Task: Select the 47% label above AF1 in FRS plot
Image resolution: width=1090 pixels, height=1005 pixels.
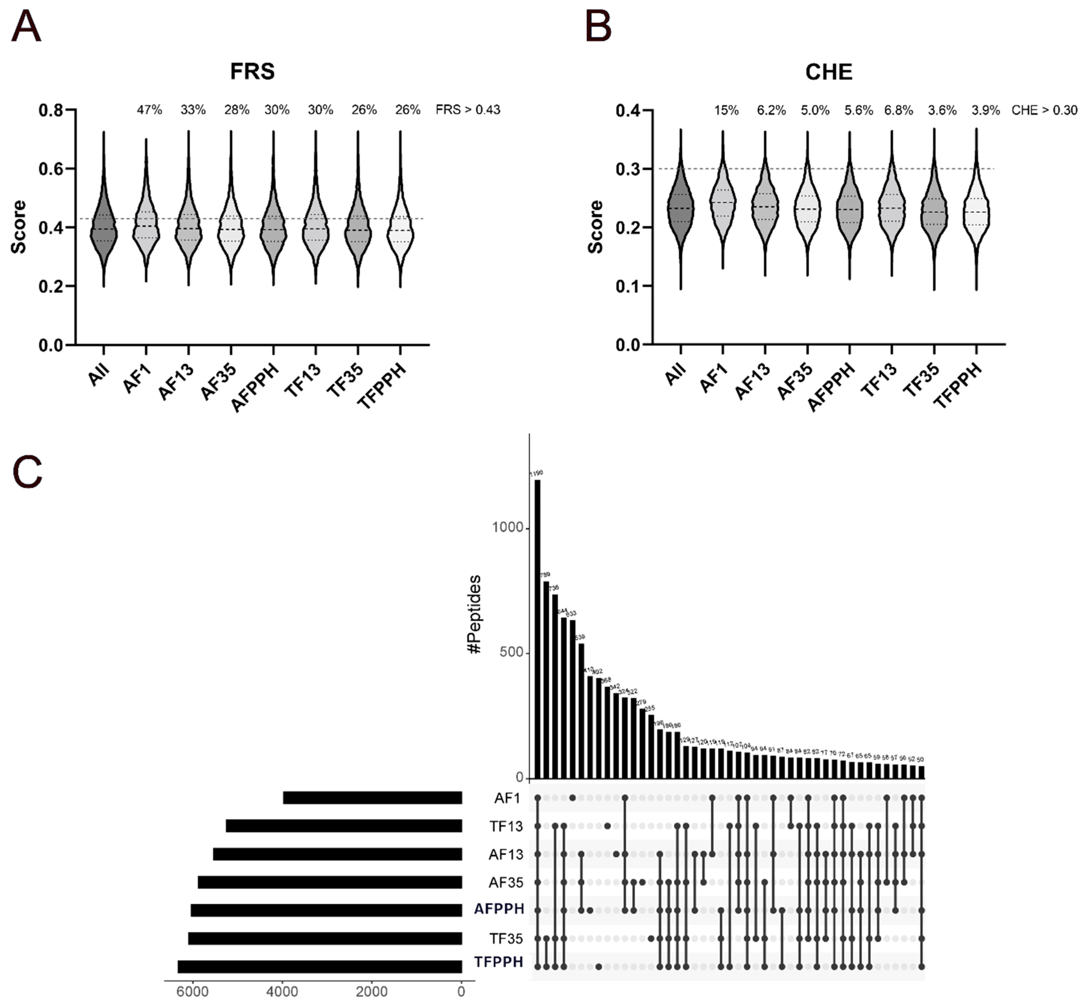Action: tap(149, 110)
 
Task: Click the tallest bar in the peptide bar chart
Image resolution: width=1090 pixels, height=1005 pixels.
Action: tap(538, 625)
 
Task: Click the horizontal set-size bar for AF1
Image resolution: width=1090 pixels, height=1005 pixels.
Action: tap(372, 798)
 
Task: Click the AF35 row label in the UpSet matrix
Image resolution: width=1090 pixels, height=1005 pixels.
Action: tap(505, 882)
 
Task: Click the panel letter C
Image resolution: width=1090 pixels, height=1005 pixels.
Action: tap(27, 472)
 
